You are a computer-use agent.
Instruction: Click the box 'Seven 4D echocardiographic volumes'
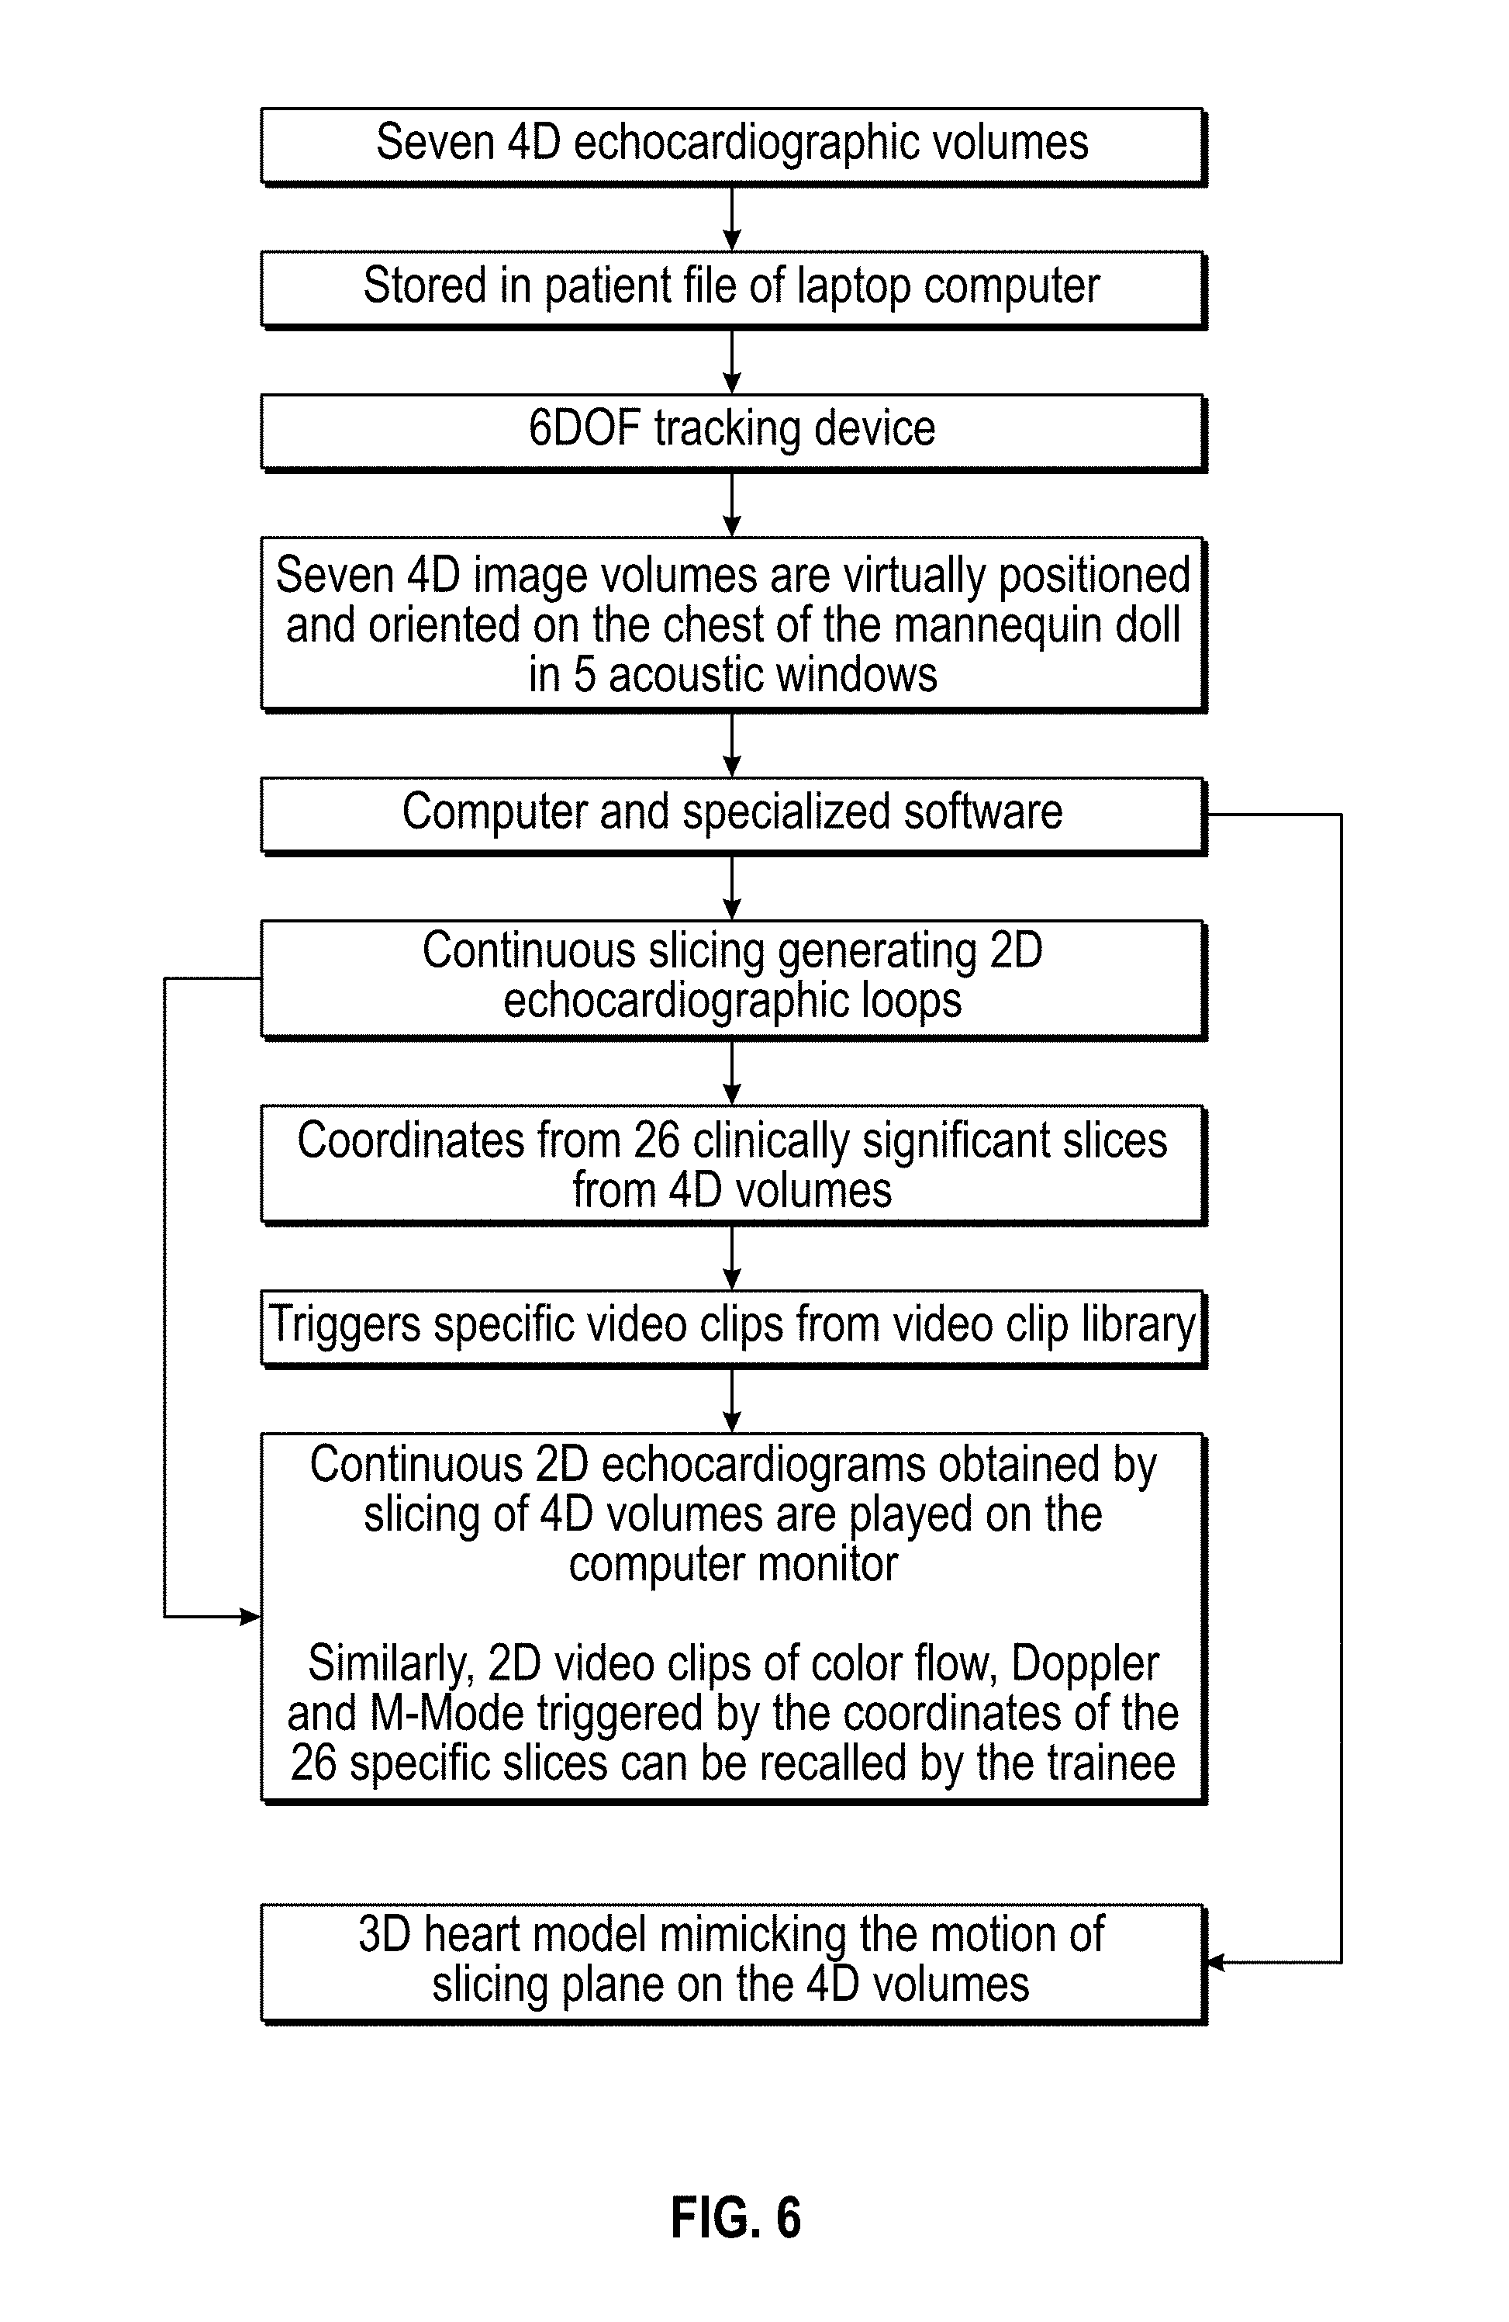pos(734,147)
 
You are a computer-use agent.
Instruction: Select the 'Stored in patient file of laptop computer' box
pos(734,289)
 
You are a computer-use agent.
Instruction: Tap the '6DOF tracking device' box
pos(734,433)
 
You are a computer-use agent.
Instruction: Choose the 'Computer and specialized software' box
pos(734,815)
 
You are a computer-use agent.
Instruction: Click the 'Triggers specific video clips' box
pos(734,1329)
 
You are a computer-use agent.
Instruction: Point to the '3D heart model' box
pos(734,1962)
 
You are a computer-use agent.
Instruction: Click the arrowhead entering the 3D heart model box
pos(1215,1962)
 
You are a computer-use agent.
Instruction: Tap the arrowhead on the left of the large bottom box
pos(250,1617)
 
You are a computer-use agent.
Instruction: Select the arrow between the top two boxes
pos(733,219)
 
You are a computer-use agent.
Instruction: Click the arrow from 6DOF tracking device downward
pos(733,504)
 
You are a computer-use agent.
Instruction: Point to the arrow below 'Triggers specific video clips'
pos(733,1401)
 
